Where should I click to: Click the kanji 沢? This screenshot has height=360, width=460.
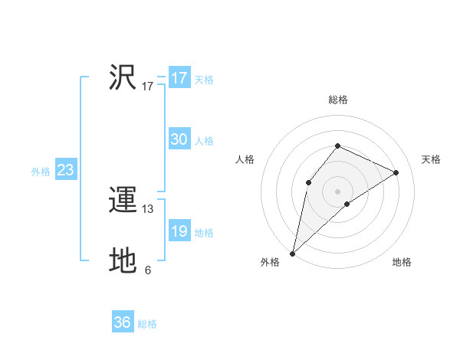(x=123, y=77)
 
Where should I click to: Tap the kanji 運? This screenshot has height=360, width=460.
(x=123, y=201)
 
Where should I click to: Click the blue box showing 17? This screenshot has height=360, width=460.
(x=179, y=78)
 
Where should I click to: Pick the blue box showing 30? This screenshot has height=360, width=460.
(x=179, y=139)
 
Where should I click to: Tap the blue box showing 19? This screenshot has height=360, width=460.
(x=179, y=232)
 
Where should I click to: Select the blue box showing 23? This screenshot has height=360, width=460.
(x=65, y=170)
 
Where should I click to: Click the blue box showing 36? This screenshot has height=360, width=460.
(x=122, y=322)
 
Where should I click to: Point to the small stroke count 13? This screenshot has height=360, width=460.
(x=148, y=209)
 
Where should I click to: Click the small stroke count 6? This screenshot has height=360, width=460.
(x=148, y=270)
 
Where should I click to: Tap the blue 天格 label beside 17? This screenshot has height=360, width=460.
(x=203, y=79)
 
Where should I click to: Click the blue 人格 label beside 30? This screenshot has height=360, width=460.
(x=203, y=140)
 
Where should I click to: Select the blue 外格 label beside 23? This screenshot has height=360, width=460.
(x=41, y=172)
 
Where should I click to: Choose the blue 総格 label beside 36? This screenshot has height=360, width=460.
(x=147, y=324)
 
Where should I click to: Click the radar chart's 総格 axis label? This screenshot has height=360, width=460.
(x=337, y=100)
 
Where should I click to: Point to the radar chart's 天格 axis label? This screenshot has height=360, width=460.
(x=431, y=159)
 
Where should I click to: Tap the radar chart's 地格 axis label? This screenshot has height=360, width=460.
(x=402, y=262)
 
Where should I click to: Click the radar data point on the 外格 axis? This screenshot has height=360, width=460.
(x=292, y=253)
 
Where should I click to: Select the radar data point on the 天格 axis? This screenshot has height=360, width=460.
(x=396, y=172)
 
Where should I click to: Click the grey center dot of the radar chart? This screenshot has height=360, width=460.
(x=337, y=191)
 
